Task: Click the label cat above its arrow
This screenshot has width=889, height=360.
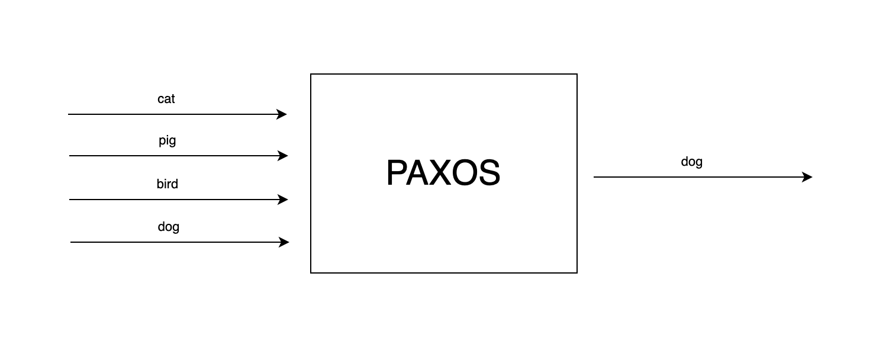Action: [x=166, y=99]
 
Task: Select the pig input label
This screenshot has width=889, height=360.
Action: [x=168, y=141]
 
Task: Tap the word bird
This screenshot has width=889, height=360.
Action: [x=168, y=184]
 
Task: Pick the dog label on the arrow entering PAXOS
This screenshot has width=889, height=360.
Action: [x=169, y=227]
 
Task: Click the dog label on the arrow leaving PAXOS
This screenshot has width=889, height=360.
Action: [x=692, y=162]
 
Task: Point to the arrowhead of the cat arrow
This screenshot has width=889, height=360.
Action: [x=282, y=114]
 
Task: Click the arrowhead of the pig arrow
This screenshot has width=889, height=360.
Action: [x=284, y=156]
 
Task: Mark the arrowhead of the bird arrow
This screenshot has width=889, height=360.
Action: [x=284, y=200]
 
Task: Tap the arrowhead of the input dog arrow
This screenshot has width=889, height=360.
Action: [x=285, y=242]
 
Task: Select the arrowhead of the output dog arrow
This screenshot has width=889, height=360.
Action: [x=808, y=177]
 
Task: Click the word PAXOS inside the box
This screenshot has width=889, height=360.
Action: [x=443, y=173]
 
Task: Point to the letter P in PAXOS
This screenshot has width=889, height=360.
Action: [x=397, y=173]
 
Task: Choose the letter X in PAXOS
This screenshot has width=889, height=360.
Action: [x=442, y=173]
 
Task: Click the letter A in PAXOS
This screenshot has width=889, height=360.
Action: [x=420, y=173]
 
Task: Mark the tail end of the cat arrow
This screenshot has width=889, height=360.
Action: [x=69, y=114]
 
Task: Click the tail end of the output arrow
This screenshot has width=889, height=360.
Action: [x=595, y=177]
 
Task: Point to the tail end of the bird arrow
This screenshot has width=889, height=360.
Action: [x=70, y=200]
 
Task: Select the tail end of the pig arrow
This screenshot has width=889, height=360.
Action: [x=70, y=156]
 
